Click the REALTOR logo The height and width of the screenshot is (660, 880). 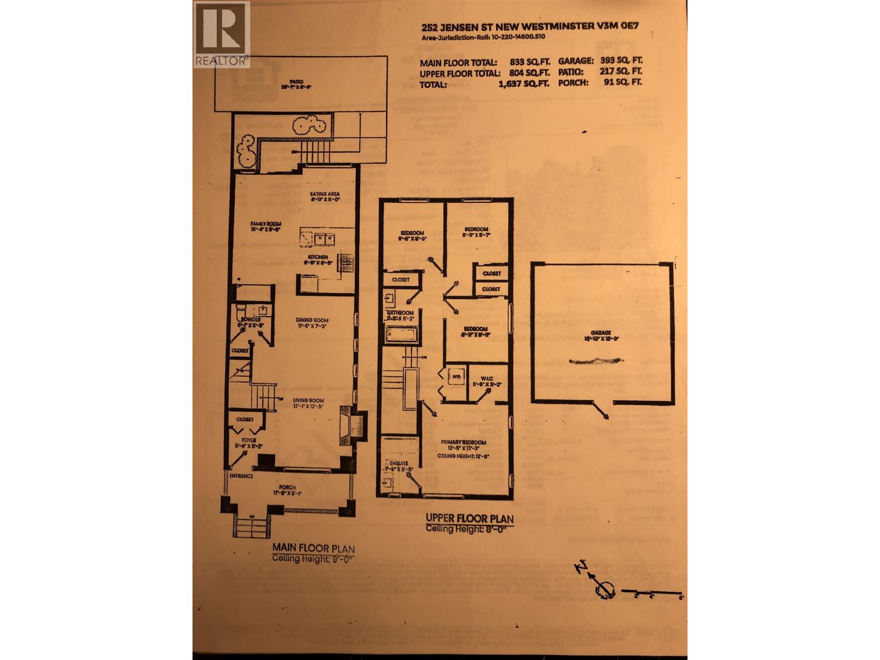tap(222, 34)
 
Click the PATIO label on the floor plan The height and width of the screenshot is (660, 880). tap(299, 82)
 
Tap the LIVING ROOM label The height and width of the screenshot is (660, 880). tap(308, 400)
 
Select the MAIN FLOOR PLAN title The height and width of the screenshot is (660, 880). tap(313, 548)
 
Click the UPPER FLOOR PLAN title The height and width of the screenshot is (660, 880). tap(469, 518)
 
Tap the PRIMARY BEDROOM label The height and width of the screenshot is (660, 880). tap(463, 442)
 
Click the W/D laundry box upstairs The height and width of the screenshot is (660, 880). tap(456, 377)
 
